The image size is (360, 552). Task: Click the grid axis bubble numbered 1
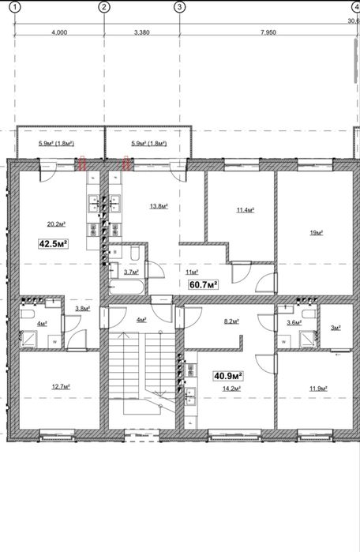pyautogui.click(x=15, y=6)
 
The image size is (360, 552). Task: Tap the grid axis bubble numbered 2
pyautogui.click(x=104, y=6)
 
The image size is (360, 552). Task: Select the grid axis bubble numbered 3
pyautogui.click(x=180, y=6)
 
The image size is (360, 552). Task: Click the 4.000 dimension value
pyautogui.click(x=59, y=32)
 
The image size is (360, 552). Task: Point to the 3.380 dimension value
pyautogui.click(x=142, y=32)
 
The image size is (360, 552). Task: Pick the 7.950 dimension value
pyautogui.click(x=268, y=32)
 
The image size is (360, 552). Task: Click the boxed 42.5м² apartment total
pyautogui.click(x=54, y=243)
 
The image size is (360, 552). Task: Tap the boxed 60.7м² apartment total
pyautogui.click(x=204, y=284)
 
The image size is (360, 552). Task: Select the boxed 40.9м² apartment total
pyautogui.click(x=228, y=376)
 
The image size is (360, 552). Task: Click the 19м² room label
pyautogui.click(x=317, y=232)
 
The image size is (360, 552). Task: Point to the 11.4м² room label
pyautogui.click(x=246, y=210)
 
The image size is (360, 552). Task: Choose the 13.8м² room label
pyautogui.click(x=159, y=206)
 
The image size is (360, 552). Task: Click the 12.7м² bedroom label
pyautogui.click(x=61, y=386)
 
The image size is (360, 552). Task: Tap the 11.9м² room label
pyautogui.click(x=318, y=389)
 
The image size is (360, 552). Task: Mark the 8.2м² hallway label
pyautogui.click(x=231, y=321)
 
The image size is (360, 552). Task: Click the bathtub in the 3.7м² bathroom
pyautogui.click(x=126, y=287)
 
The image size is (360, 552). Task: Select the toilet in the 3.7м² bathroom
pyautogui.click(x=135, y=253)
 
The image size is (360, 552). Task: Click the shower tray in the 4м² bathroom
pyautogui.click(x=28, y=339)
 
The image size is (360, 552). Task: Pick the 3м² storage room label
pyautogui.click(x=336, y=328)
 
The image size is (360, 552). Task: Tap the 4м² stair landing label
pyautogui.click(x=141, y=320)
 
